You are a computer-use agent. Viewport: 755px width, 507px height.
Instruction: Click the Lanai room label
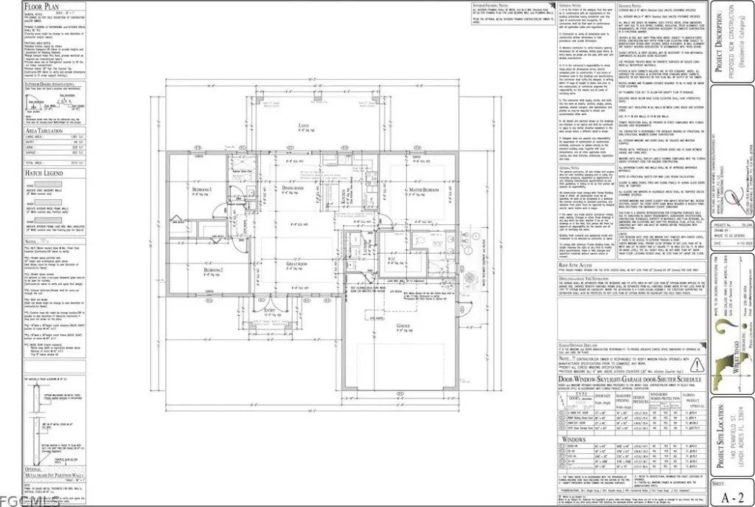point(302,125)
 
